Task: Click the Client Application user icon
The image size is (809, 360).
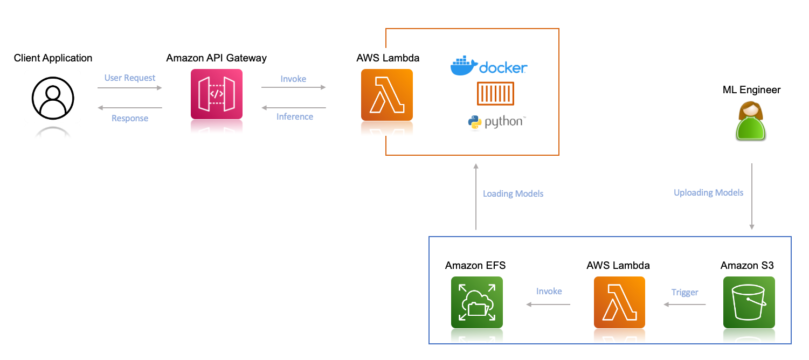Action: coord(52,98)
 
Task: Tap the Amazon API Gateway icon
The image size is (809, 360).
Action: coord(217,94)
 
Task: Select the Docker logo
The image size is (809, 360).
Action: coord(488,66)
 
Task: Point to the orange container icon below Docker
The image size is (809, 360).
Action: coord(495,94)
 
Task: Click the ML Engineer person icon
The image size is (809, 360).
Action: coord(751,122)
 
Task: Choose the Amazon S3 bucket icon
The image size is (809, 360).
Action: coord(749,302)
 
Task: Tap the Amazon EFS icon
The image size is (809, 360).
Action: coord(476,302)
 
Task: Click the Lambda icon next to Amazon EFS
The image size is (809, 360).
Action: coord(619,302)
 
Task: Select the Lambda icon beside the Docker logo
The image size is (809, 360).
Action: coord(386,94)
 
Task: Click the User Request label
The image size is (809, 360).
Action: coord(130,78)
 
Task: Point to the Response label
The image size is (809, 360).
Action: coord(130,119)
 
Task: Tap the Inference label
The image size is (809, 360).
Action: coord(294,117)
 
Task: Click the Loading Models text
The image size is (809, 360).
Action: coord(513,194)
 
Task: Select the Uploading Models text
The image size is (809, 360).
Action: coord(708,193)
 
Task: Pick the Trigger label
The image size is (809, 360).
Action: coord(684,293)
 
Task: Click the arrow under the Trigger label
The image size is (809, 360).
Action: coord(684,304)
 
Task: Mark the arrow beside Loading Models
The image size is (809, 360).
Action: coord(476,197)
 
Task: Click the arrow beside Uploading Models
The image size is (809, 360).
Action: coord(752,197)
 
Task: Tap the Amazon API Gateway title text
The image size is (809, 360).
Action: coord(217,58)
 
